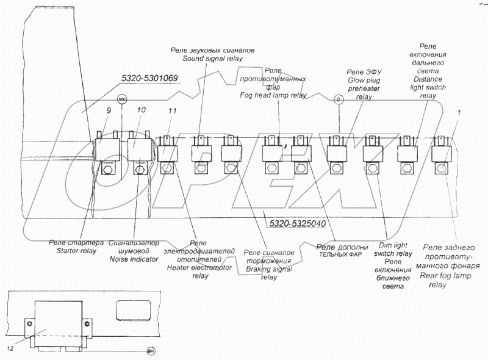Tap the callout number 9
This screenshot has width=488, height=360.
pyautogui.click(x=109, y=111)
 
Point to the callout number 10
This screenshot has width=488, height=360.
pyautogui.click(x=142, y=110)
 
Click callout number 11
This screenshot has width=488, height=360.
pyautogui.click(x=173, y=111)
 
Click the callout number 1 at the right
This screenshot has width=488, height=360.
pyautogui.click(x=459, y=112)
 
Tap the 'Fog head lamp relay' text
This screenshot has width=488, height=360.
pyautogui.click(x=273, y=96)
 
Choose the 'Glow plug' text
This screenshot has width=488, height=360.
pyautogui.click(x=364, y=80)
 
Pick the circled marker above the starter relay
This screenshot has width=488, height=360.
pyautogui.click(x=121, y=99)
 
